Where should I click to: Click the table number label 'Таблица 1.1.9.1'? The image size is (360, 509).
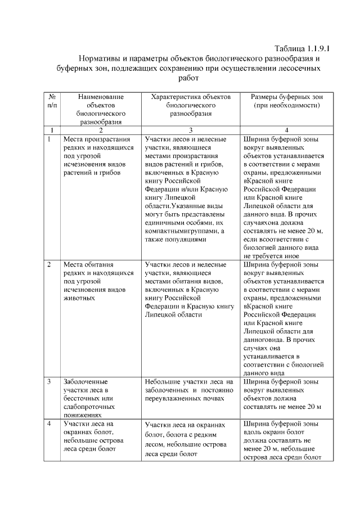pyautogui.click(x=301, y=48)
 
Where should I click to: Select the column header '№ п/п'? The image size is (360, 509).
pyautogui.click(x=51, y=101)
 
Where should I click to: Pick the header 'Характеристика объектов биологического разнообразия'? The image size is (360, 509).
pyautogui.click(x=191, y=105)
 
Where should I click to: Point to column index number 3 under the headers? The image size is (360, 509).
pyautogui.click(x=191, y=130)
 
